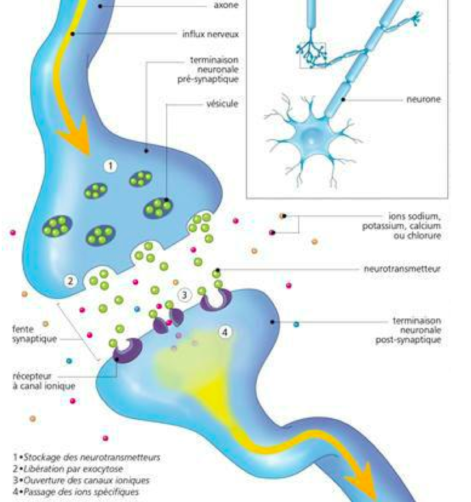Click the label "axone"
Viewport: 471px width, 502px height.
click(226, 6)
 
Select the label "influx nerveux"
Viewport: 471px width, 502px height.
click(210, 35)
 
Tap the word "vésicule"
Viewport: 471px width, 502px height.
click(222, 104)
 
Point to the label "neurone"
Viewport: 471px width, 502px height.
click(423, 99)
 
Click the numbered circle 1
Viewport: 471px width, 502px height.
click(110, 165)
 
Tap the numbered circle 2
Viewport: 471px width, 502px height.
click(70, 280)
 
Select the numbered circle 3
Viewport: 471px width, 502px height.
click(184, 295)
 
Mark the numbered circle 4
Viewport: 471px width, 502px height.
click(226, 332)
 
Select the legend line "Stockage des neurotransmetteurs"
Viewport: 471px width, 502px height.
click(86, 457)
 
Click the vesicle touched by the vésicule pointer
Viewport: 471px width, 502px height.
click(158, 208)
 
